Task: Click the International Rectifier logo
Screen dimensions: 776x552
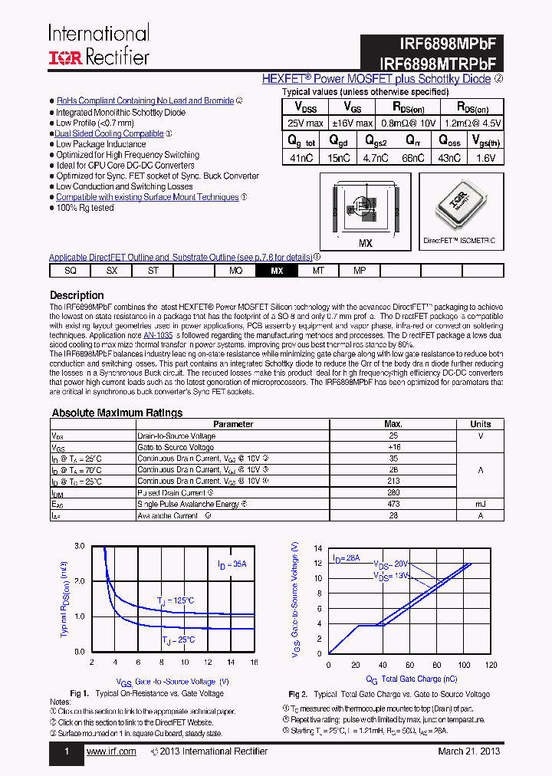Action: pyautogui.click(x=98, y=44)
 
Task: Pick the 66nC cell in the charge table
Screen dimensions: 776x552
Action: pyautogui.click(x=412, y=157)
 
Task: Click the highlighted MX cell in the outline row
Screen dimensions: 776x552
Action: pyautogui.click(x=277, y=271)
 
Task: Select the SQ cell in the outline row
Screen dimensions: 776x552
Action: pyautogui.click(x=71, y=271)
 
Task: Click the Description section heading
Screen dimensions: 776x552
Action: pyautogui.click(x=77, y=295)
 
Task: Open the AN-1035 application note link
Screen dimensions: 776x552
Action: pyautogui.click(x=158, y=335)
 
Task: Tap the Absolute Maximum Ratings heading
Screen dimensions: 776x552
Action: pyautogui.click(x=117, y=413)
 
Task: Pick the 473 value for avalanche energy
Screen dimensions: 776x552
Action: pyautogui.click(x=393, y=505)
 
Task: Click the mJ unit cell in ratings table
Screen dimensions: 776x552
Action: pyautogui.click(x=481, y=505)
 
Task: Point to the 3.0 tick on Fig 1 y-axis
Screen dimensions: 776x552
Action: pyautogui.click(x=80, y=546)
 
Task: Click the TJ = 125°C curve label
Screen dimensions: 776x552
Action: pyautogui.click(x=176, y=600)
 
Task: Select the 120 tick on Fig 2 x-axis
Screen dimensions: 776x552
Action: pyautogui.click(x=491, y=664)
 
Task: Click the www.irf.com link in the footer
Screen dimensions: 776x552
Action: pyautogui.click(x=111, y=751)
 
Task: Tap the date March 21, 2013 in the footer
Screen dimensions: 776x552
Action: pyautogui.click(x=469, y=751)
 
